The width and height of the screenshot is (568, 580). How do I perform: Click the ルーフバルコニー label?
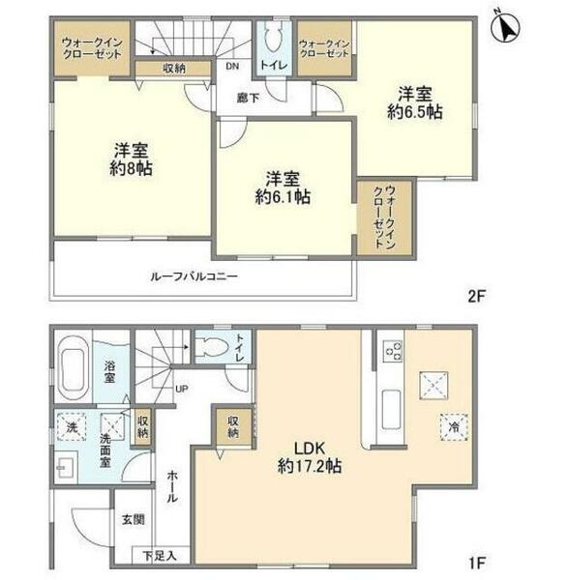[194, 276]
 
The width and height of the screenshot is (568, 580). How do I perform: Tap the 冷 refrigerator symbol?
[451, 425]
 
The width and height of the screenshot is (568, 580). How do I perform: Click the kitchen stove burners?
[392, 352]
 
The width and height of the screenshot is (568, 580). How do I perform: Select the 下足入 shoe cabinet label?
[160, 555]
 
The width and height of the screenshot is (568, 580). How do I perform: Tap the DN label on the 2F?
[233, 68]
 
